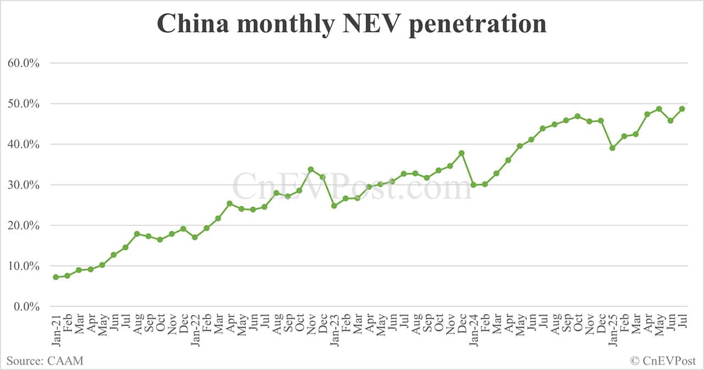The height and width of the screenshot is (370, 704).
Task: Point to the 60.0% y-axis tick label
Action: coord(24,63)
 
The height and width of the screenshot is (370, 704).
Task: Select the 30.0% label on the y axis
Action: coord(24,185)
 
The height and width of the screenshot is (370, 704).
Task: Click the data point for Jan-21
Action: coord(56,277)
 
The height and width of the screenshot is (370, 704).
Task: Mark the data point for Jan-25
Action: coord(612,148)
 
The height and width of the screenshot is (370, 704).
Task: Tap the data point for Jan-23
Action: coord(334,206)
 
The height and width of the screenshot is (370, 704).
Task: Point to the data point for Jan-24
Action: coord(473,185)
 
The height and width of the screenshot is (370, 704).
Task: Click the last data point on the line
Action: coord(682,109)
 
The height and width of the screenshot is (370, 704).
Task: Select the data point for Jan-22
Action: coord(195,237)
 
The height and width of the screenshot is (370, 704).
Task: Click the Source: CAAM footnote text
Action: coord(45,361)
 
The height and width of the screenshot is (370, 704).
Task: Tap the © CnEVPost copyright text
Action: coord(663,361)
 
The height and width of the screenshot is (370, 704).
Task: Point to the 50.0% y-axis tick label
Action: coord(24,104)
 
